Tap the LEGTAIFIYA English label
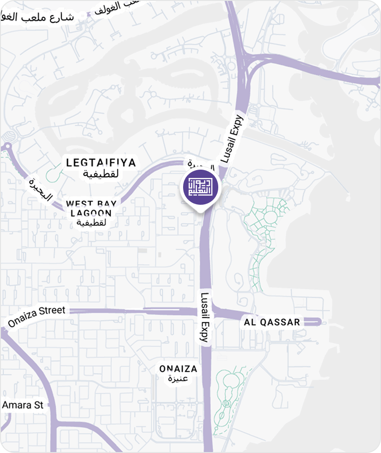pyautogui.click(x=101, y=163)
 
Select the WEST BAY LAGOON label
pyautogui.click(x=91, y=208)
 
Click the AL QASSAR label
pyautogui.click(x=272, y=322)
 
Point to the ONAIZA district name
pyautogui.click(x=178, y=369)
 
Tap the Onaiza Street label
pyautogui.click(x=37, y=316)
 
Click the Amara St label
pyautogui.click(x=23, y=405)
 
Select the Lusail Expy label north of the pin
pyautogui.click(x=232, y=139)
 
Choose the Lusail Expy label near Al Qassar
pyautogui.click(x=205, y=317)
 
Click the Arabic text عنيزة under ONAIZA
pyautogui.click(x=178, y=379)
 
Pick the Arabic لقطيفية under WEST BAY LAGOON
pyautogui.click(x=92, y=223)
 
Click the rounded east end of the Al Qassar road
pyautogui.click(x=317, y=322)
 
